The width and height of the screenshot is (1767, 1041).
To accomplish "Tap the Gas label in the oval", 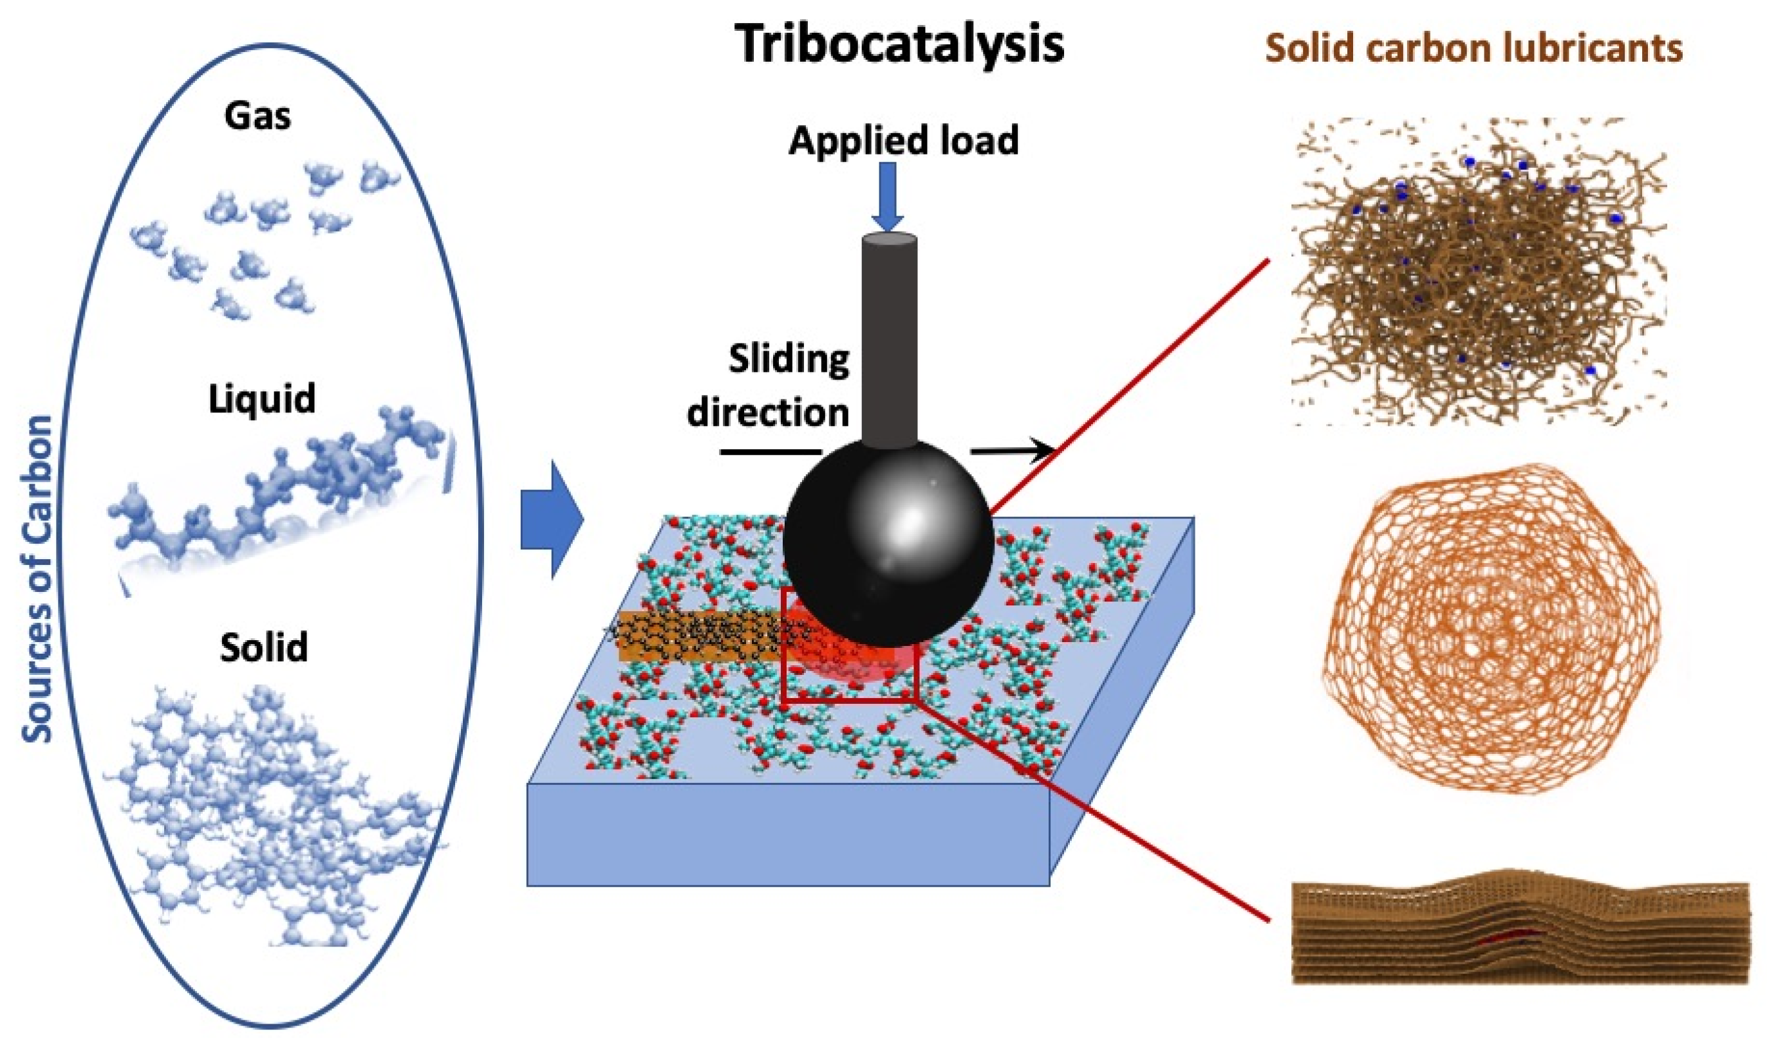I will pos(257,116).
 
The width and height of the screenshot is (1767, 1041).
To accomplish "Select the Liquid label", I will pos(262,399).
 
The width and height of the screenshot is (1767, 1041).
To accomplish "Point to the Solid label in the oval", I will pos(264,647).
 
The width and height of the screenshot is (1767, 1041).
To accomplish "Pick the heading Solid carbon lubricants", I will pos(1473,49).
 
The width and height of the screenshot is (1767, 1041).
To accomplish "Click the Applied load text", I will pos(903,140).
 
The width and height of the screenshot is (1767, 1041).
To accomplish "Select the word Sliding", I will pos(789,360).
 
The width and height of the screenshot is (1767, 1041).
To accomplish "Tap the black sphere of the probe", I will pos(888,544).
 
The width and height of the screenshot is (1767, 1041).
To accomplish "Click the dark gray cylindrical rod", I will pos(889,336).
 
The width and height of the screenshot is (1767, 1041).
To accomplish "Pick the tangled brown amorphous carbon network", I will pos(1473,273).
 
